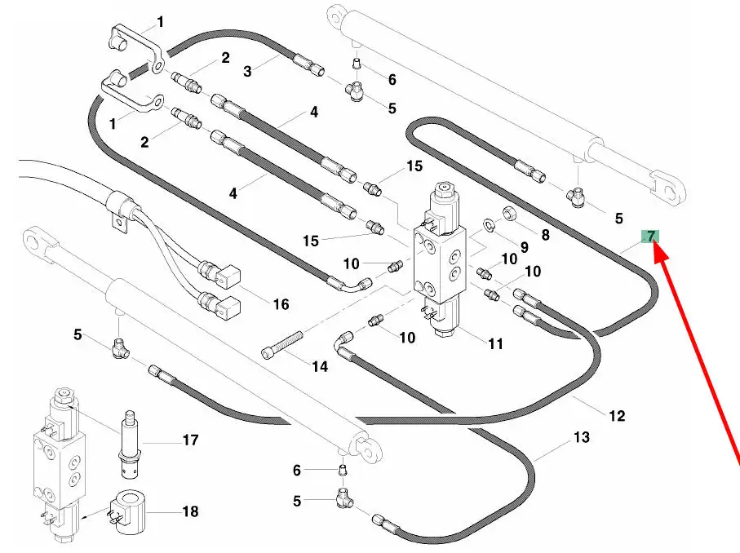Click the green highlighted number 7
(650, 237)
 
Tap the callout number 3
(247, 71)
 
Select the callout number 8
(545, 235)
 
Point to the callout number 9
(524, 247)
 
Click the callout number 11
(495, 343)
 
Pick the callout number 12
(617, 416)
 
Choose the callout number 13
(582, 437)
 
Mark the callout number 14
(320, 366)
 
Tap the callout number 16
(281, 304)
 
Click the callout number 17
(190, 440)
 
